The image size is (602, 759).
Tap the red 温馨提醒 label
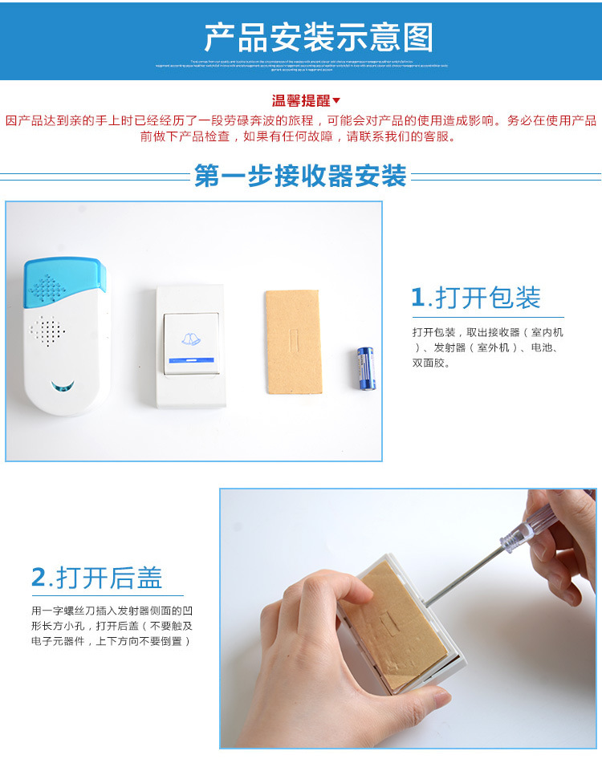(301, 101)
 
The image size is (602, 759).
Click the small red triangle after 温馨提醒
(336, 100)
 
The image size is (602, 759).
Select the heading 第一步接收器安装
(300, 176)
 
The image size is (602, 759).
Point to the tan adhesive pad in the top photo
(293, 342)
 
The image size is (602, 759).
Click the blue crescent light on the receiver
(62, 387)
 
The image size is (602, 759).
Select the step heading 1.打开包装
(475, 298)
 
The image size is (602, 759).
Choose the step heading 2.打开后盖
(96, 578)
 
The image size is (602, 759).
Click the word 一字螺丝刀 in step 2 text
(68, 611)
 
